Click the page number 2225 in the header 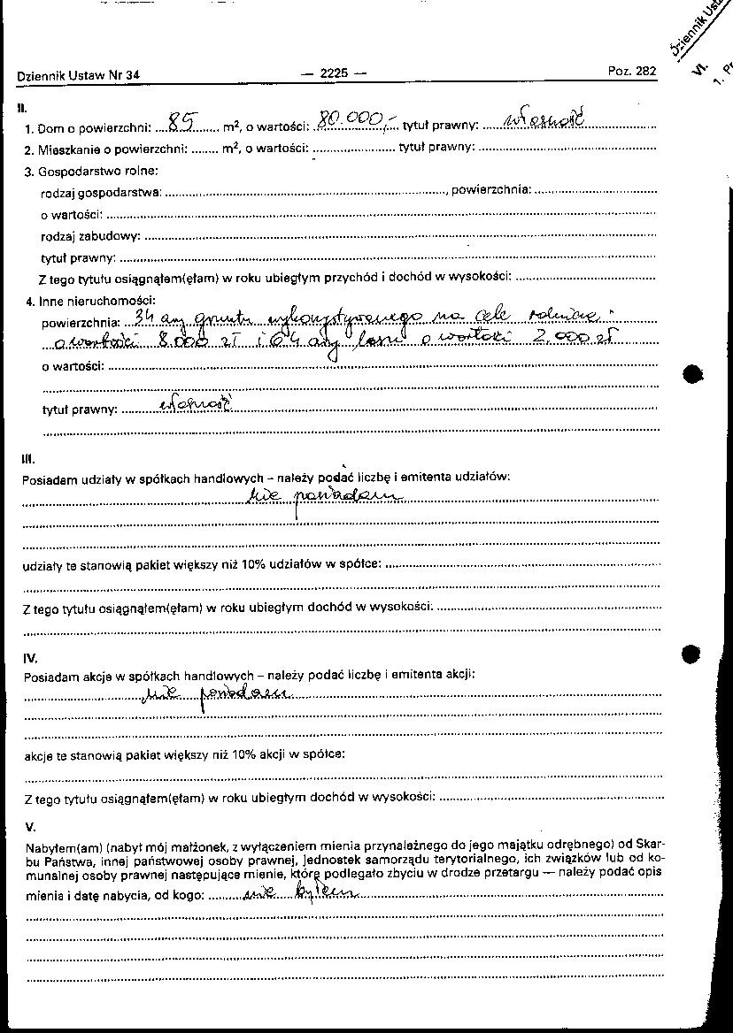pyautogui.click(x=334, y=74)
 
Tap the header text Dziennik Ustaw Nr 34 pyautogui.click(x=78, y=76)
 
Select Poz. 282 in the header pyautogui.click(x=632, y=72)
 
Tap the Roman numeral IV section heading pyautogui.click(x=29, y=658)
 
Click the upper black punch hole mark pyautogui.click(x=694, y=373)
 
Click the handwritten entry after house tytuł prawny pyautogui.click(x=542, y=121)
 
